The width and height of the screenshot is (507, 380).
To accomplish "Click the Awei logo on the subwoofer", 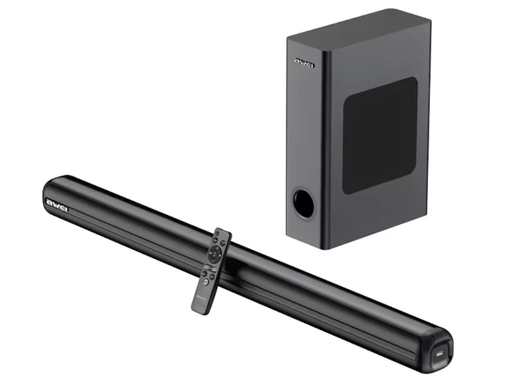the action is click(305, 63).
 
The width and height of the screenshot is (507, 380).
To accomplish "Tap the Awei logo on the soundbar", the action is click(57, 205).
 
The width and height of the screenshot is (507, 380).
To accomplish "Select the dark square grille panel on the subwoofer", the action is click(380, 135).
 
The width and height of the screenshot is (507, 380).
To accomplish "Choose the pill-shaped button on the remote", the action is click(211, 268).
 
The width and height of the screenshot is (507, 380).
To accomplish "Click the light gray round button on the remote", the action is click(206, 282).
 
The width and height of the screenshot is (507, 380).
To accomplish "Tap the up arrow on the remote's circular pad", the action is click(217, 248).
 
